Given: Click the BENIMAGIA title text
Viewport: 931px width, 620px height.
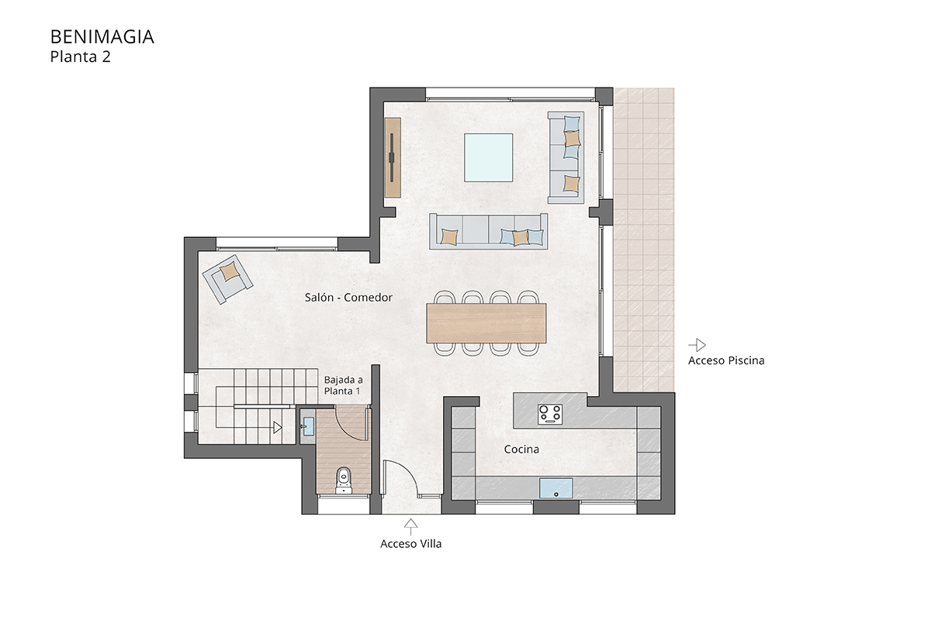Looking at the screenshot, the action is coord(102,37).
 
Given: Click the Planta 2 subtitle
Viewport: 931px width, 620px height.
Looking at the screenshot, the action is coord(80,57).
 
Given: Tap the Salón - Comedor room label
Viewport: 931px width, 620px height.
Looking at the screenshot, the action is coord(348,298).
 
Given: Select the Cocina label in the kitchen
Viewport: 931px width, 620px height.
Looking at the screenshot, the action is coord(521,449).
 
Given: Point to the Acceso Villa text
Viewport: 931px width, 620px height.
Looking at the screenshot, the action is coord(410,543).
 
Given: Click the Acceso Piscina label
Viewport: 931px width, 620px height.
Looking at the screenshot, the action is coord(726,360).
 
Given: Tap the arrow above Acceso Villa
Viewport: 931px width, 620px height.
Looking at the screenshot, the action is coord(410,526).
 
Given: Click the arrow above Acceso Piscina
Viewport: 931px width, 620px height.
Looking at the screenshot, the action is coord(697,345).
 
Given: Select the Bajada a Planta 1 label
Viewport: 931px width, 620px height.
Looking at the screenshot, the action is coord(343,385).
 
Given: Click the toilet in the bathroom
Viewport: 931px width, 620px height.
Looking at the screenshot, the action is coord(343,480).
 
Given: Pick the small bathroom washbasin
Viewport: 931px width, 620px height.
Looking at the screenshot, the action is coord(308,426).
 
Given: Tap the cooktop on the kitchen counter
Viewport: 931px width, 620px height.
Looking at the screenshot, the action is coord(550,414).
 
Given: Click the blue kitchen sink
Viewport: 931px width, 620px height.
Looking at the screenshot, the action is coord(555,488).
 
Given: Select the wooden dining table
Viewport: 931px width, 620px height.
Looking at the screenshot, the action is coord(486,323).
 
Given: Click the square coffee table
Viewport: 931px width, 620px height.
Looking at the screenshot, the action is coord(488,157).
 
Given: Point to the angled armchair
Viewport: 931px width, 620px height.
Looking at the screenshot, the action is coord(227,279).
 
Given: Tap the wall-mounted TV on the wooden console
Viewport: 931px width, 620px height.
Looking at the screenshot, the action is coord(392,157).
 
